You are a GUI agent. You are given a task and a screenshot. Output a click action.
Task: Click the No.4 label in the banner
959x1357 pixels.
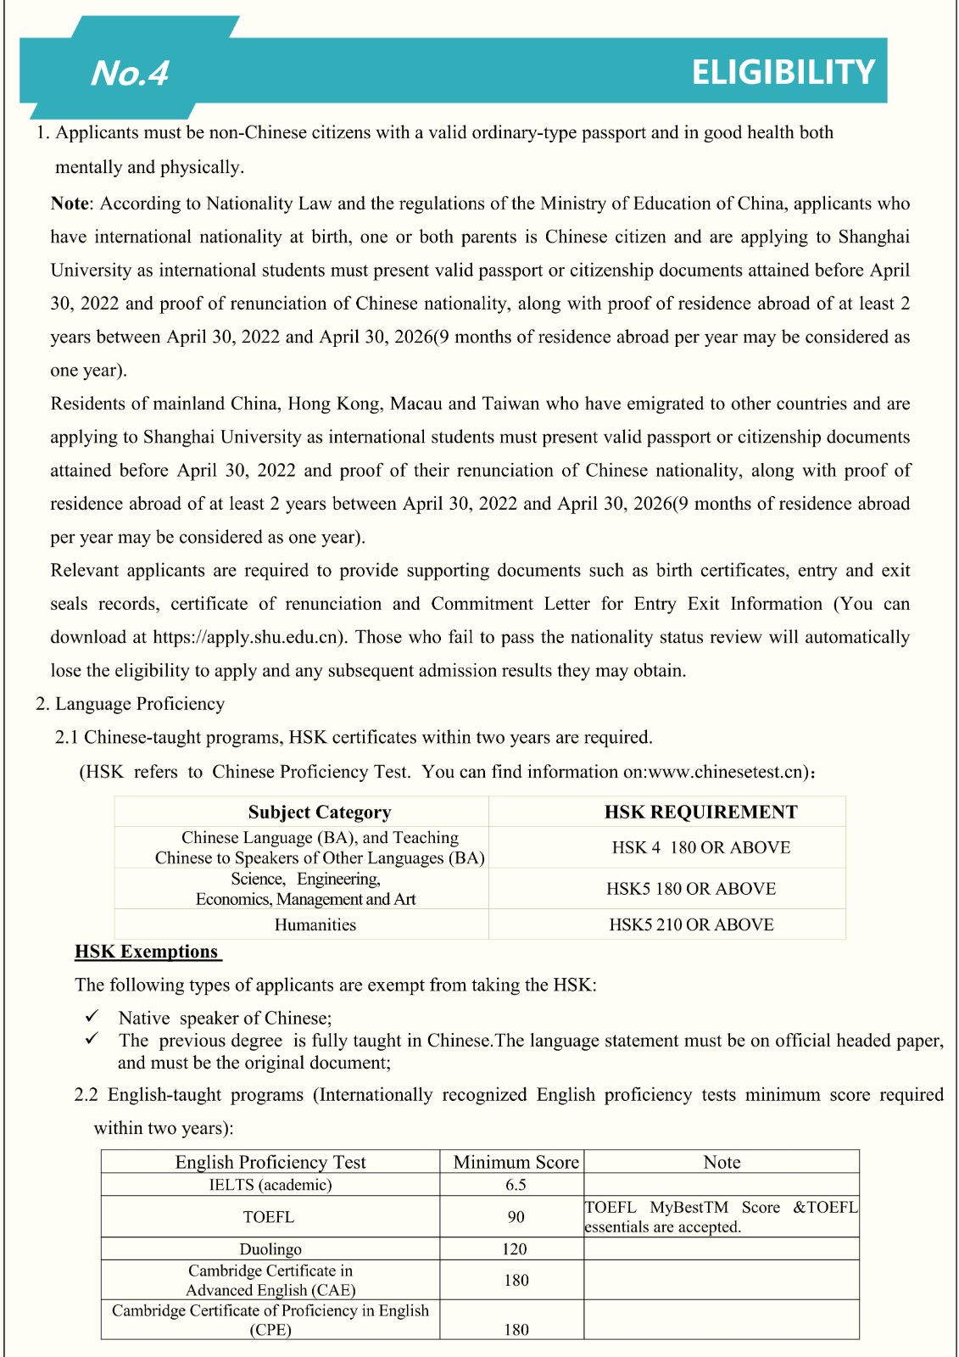[130, 73]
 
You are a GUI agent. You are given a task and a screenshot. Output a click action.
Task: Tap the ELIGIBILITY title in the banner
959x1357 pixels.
[783, 72]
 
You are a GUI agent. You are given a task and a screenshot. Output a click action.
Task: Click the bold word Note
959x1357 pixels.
[70, 204]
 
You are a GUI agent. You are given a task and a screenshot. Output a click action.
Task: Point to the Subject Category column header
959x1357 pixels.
[319, 812]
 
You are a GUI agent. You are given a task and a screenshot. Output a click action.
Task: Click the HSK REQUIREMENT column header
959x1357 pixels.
[700, 812]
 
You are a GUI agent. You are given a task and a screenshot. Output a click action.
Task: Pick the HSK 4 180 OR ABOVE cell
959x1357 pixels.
[700, 847]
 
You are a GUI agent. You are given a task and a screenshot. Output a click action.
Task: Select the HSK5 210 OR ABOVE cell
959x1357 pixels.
[691, 924]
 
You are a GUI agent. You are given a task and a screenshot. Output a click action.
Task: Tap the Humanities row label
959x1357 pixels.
[315, 924]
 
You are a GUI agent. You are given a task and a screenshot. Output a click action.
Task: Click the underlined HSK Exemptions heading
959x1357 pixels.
[147, 952]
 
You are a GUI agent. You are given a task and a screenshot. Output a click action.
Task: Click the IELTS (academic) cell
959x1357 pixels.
[270, 1185]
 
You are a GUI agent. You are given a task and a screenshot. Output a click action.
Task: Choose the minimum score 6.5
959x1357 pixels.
[516, 1185]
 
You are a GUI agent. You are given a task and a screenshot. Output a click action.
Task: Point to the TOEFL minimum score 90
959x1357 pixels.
[516, 1217]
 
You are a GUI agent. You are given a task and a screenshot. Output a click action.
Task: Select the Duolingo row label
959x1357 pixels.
[270, 1249]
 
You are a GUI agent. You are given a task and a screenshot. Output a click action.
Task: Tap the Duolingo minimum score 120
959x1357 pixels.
[514, 1249]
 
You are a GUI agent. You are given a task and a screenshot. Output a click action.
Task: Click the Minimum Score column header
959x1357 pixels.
[516, 1162]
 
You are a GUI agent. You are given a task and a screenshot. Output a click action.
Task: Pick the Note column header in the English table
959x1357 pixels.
[722, 1162]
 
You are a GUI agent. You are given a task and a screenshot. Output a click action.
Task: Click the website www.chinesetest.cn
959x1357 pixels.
[724, 772]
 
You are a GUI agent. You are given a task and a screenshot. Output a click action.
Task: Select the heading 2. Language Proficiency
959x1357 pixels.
[130, 704]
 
